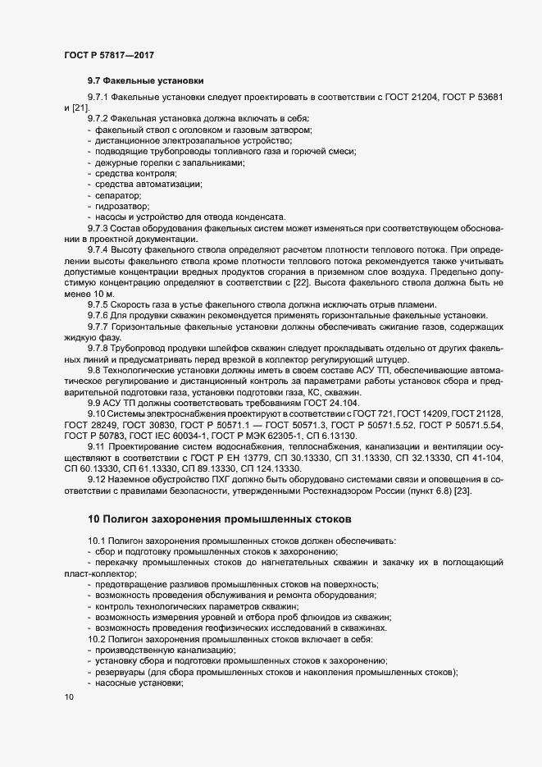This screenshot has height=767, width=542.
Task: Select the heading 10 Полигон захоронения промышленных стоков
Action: pyautogui.click(x=219, y=519)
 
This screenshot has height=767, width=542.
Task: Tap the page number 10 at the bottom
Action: pyautogui.click(x=68, y=697)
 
